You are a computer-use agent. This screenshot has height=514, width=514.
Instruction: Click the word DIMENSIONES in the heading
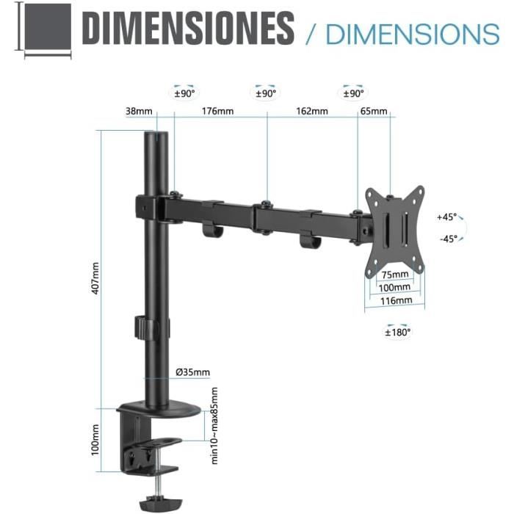pyautogui.click(x=188, y=29)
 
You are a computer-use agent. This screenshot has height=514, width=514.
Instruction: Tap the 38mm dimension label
pyautogui.click(x=139, y=112)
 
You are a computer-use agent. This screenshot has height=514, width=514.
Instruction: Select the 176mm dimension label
pyautogui.click(x=218, y=112)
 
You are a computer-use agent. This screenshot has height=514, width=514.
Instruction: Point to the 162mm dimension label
pyautogui.click(x=312, y=112)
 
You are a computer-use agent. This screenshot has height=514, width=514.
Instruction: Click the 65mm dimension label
pyautogui.click(x=374, y=112)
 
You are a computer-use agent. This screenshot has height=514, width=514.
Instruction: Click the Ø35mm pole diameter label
pyautogui.click(x=192, y=372)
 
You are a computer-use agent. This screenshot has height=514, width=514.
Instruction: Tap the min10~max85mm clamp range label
pyautogui.click(x=215, y=426)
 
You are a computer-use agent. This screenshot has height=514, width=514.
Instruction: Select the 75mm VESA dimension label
pyautogui.click(x=395, y=276)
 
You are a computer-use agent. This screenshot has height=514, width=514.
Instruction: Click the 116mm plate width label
pyautogui.click(x=395, y=300)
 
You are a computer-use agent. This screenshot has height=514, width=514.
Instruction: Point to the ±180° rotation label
pyautogui.click(x=399, y=332)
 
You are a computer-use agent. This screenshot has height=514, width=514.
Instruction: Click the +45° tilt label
pyautogui.click(x=446, y=217)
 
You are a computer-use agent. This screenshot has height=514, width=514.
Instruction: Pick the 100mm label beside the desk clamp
pyautogui.click(x=95, y=439)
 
